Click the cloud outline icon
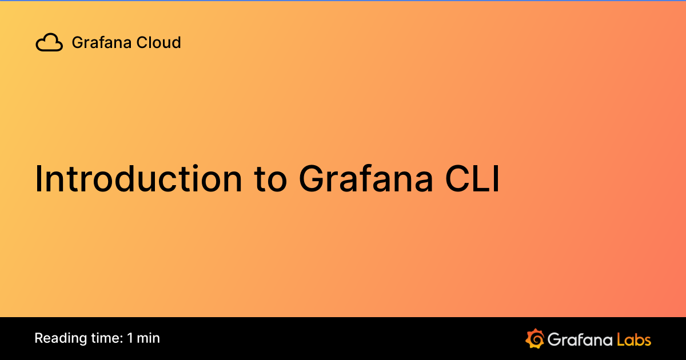49,43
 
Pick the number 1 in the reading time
130,338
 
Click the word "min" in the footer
149,338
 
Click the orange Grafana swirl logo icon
535,338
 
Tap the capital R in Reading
39,338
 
